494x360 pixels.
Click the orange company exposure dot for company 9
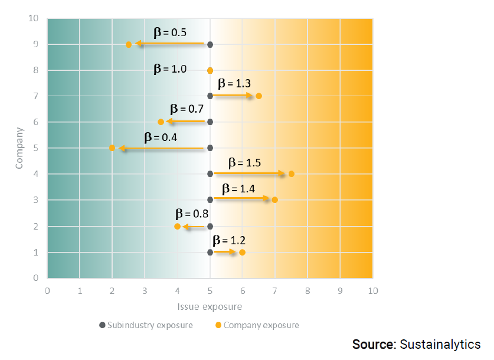(129, 44)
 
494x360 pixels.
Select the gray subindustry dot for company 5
(210, 148)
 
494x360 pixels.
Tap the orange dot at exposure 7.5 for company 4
(292, 174)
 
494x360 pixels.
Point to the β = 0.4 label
(161, 137)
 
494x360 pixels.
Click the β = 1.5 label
(244, 163)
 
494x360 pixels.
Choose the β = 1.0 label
(170, 68)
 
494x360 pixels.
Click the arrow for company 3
(242, 199)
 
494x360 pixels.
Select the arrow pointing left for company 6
(186, 122)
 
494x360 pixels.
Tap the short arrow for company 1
(224, 252)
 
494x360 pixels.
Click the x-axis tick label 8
(307, 290)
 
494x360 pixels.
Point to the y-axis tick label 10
(34, 18)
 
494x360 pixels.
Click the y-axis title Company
(19, 148)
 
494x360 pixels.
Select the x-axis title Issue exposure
(210, 307)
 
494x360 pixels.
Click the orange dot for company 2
(177, 226)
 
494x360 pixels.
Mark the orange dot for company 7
(259, 96)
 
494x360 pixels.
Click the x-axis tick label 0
(47, 290)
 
